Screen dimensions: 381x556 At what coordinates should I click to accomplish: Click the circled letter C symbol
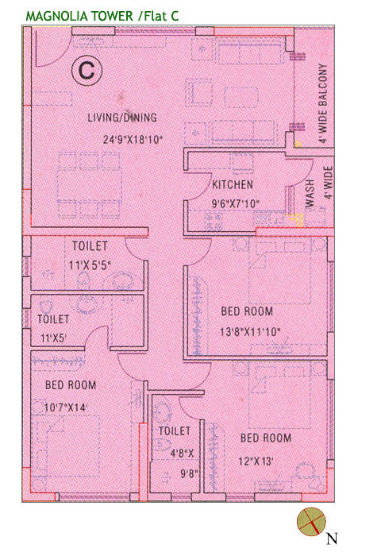(x=87, y=70)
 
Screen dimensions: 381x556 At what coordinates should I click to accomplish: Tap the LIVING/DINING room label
(x=122, y=118)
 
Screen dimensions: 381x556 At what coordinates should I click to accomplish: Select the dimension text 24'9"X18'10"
(x=133, y=139)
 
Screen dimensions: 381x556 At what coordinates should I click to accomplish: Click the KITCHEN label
(x=233, y=184)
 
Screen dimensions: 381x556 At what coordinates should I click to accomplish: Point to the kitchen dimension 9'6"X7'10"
(x=236, y=204)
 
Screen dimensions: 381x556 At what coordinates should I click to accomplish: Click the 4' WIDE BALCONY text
(x=322, y=103)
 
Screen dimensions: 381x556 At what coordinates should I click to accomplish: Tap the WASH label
(x=310, y=193)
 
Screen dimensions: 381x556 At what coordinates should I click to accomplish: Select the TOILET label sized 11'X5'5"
(x=90, y=245)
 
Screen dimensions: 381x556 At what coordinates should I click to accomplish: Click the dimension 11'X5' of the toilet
(x=53, y=338)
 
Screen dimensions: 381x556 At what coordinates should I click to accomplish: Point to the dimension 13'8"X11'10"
(x=250, y=332)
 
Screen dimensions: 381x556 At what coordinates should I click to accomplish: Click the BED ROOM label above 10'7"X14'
(x=71, y=384)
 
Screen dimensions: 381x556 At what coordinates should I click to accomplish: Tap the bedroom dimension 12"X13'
(x=256, y=461)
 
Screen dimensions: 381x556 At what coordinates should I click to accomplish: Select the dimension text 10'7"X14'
(x=65, y=407)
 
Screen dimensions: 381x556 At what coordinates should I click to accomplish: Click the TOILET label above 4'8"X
(x=175, y=431)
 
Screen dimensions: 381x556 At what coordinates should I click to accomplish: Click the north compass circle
(x=311, y=521)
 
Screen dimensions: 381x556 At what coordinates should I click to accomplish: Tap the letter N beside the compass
(x=332, y=539)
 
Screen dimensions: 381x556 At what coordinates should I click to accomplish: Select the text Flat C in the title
(x=161, y=16)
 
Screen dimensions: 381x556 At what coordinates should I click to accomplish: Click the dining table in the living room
(x=90, y=185)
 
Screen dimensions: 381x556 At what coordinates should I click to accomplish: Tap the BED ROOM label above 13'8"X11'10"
(x=247, y=311)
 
